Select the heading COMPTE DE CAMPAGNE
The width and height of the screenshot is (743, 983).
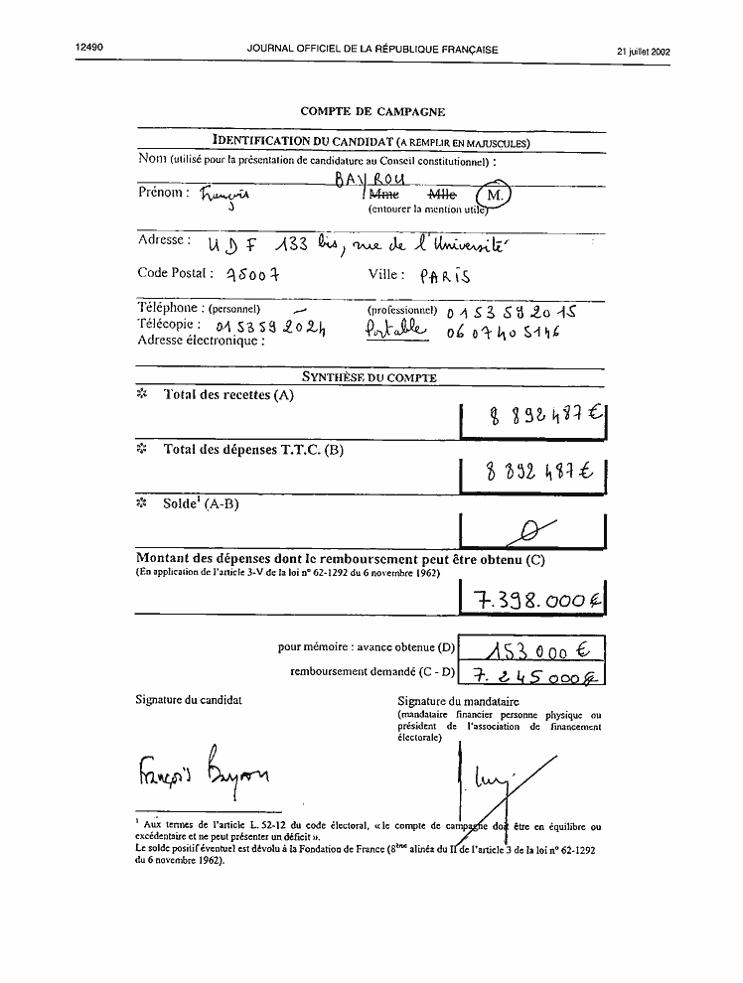pos(372,112)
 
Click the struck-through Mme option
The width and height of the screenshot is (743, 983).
pos(384,197)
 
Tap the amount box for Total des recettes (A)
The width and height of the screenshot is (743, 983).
pos(534,420)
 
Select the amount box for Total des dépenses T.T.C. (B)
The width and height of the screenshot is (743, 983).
pos(534,474)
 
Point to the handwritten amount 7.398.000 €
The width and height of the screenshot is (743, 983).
pos(534,599)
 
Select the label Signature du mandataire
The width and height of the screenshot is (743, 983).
pos(451,701)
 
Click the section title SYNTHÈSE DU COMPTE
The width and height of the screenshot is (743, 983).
pos(369,377)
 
